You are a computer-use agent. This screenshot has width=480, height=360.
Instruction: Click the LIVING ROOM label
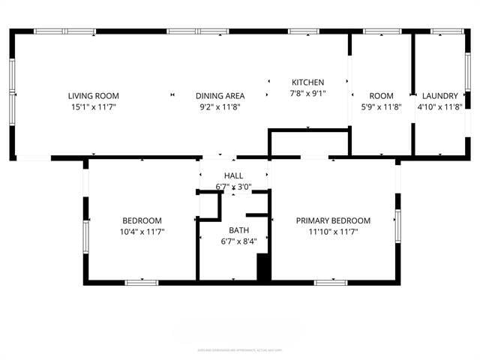point(94,95)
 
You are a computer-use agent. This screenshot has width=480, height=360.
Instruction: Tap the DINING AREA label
point(220,95)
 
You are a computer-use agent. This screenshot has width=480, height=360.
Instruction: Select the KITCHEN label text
point(307,82)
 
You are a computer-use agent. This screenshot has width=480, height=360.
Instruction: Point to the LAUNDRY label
point(439,96)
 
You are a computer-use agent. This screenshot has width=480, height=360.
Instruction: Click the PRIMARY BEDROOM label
point(333,220)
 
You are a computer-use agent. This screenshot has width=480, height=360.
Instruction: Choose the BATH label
point(239,230)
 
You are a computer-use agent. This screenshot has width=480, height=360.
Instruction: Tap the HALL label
point(233,175)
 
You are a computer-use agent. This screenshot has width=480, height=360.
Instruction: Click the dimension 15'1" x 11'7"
point(94,107)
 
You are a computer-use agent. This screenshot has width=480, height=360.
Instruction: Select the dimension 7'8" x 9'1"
point(307,94)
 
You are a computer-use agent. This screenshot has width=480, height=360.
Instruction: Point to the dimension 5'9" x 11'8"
point(381,107)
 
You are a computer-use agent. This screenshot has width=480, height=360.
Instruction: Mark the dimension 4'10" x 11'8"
point(439,107)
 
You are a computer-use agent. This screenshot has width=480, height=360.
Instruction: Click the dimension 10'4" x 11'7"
point(142,232)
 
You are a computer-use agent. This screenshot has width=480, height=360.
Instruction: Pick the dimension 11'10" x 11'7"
point(333,232)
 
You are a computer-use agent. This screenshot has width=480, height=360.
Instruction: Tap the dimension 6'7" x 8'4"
point(239,241)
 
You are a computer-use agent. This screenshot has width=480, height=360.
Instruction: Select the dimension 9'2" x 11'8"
point(220,107)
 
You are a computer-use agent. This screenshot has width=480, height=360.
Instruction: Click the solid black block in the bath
point(263,268)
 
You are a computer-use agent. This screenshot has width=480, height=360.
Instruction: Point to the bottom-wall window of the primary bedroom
point(331,283)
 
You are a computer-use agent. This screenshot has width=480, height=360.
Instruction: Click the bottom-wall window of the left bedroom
point(141,283)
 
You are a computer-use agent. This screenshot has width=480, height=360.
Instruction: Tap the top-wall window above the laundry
point(448,31)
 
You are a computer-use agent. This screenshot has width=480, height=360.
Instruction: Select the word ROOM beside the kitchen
point(381,96)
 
